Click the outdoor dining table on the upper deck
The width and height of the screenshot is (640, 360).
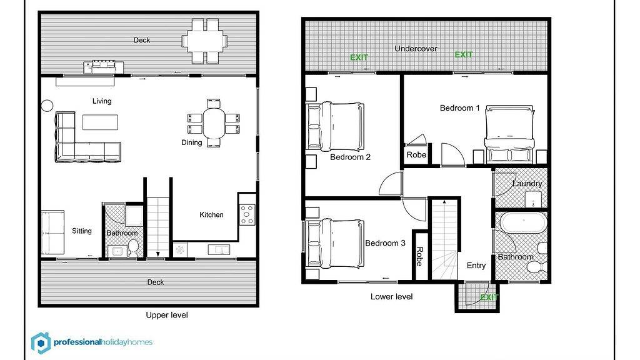pos(205,41)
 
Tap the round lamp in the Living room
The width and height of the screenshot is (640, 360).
pos(47,106)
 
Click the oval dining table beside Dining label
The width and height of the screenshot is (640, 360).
pos(214,121)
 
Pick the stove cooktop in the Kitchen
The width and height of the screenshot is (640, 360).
pos(247,214)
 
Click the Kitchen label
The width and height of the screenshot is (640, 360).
pos(211,215)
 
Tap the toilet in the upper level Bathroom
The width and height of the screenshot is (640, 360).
pos(133,249)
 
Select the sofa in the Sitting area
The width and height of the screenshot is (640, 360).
pos(53,231)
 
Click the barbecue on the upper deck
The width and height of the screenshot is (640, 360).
pos(104,66)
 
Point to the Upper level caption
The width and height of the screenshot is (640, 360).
pos(166,315)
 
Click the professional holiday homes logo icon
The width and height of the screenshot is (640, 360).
pos(41,342)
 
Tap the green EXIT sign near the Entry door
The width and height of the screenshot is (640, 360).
pos(488,297)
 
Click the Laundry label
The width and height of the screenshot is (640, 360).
pos(527,184)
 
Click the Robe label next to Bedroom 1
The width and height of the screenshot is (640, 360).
pos(416,155)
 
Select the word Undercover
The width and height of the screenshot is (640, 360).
pos(416,49)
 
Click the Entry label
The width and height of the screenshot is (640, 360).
pos(476,266)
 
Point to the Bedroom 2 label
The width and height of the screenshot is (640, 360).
pos(350,157)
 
